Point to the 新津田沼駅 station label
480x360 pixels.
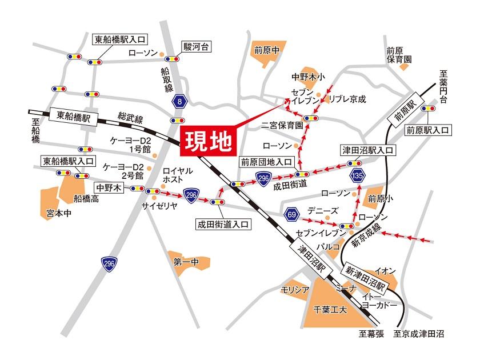tap(366, 277)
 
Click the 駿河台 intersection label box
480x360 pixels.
tap(197, 46)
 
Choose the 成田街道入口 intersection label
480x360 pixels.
tap(223, 224)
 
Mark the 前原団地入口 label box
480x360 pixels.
tap(266, 162)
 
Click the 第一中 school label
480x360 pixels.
tap(186, 262)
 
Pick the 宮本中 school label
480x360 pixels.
tap(58, 214)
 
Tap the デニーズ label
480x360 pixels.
tap(323, 210)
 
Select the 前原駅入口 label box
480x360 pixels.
tap(427, 130)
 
